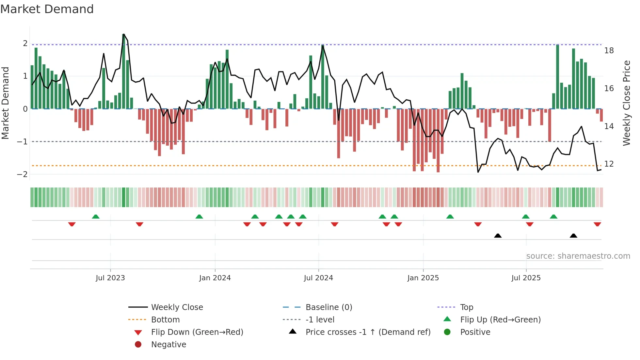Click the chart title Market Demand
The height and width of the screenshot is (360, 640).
tap(47, 9)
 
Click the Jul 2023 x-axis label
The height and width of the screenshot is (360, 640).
tap(110, 278)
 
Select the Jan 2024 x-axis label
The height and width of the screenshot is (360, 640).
tap(215, 278)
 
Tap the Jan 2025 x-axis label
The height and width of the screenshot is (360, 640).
tap(423, 278)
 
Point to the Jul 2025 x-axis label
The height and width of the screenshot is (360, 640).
tap(526, 278)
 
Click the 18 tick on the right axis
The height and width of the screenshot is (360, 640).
tap(609, 51)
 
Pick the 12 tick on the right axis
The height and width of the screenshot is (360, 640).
tap(609, 164)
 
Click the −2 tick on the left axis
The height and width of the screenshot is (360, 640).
tap(23, 174)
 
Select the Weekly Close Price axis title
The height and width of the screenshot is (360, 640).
tap(626, 103)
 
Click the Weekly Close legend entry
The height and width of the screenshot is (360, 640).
tap(177, 307)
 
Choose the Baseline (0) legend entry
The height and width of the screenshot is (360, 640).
tap(329, 307)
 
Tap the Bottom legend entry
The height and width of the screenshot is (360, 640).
tap(165, 320)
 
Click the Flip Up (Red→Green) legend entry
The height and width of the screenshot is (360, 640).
tap(500, 320)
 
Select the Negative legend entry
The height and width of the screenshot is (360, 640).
tap(168, 345)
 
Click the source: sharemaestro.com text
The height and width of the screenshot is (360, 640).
tap(578, 256)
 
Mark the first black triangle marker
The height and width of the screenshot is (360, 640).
tap(498, 236)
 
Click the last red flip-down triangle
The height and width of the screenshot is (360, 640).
tap(597, 224)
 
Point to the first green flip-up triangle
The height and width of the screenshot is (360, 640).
tap(96, 217)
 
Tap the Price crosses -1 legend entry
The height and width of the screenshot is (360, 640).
tap(368, 332)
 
